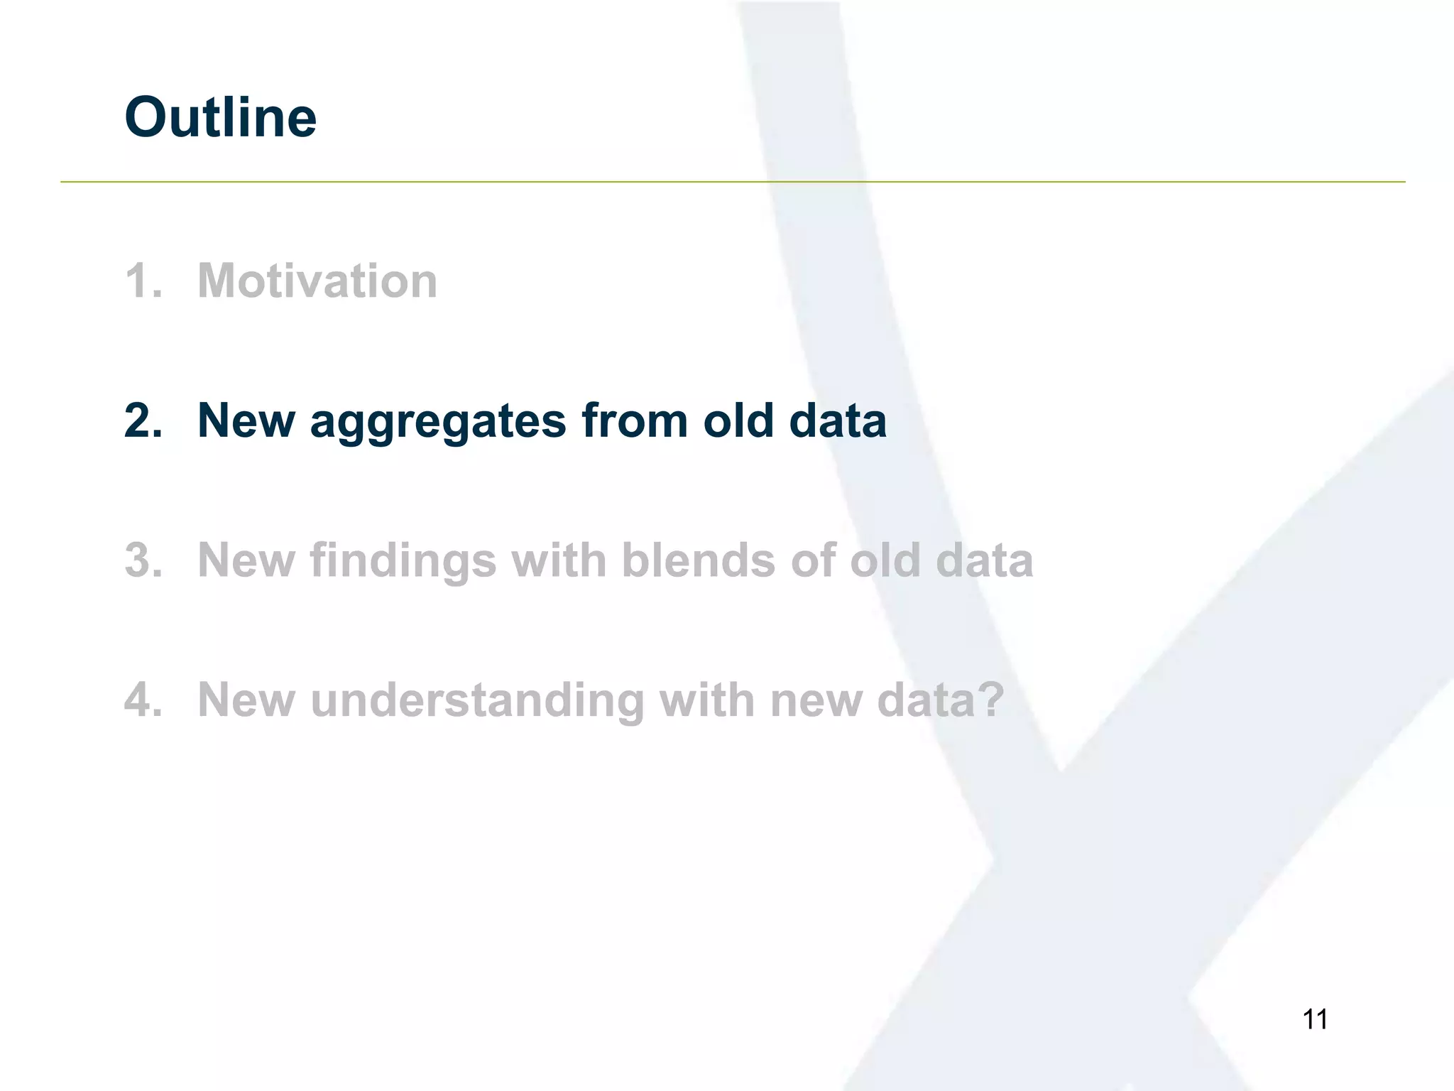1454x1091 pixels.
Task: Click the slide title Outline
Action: click(x=220, y=117)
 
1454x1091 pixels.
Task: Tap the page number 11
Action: click(x=1315, y=1019)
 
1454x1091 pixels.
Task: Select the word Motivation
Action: click(x=317, y=281)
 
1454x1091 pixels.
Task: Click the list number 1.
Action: click(x=142, y=281)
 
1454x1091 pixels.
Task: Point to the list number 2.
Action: click(x=142, y=420)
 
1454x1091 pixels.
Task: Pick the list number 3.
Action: click(x=142, y=560)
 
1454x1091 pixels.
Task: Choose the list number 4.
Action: click(x=142, y=700)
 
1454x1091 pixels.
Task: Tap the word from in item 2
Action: click(x=635, y=420)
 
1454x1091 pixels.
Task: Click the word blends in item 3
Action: click(x=699, y=560)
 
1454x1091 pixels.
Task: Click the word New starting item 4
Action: click(x=246, y=700)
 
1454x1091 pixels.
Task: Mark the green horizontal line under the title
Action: click(x=731, y=182)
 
